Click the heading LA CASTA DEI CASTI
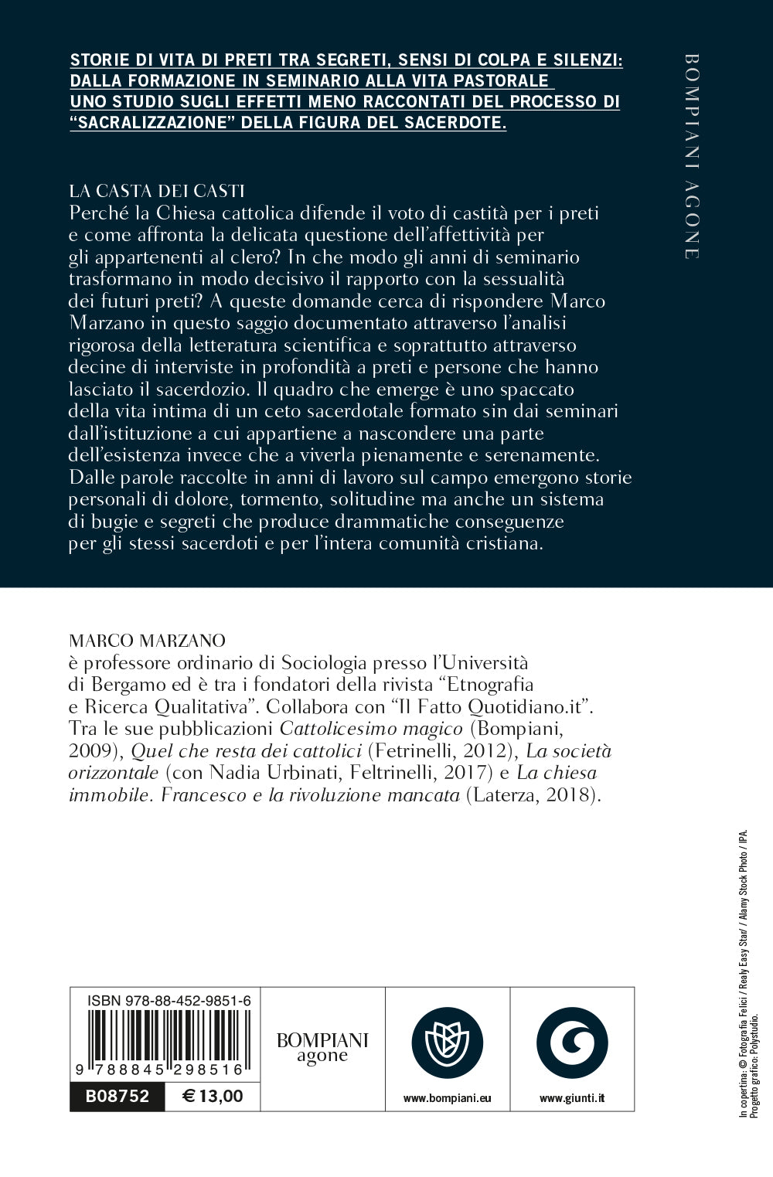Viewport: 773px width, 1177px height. [157, 191]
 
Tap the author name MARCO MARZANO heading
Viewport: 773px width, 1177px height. [147, 640]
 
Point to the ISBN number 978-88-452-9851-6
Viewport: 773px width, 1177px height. [169, 1000]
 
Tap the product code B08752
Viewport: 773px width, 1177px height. [117, 1096]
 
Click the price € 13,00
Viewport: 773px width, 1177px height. [213, 1096]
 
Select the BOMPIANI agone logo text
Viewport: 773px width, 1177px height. [322, 1047]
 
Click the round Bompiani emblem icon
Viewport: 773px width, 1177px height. [448, 1043]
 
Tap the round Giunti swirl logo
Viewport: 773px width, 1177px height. [572, 1043]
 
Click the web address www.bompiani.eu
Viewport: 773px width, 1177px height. [448, 1097]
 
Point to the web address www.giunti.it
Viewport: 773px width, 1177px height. [572, 1097]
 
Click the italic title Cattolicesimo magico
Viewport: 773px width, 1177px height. [371, 728]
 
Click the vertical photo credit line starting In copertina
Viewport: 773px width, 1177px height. [744, 974]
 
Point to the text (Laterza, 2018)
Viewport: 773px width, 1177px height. [533, 795]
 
